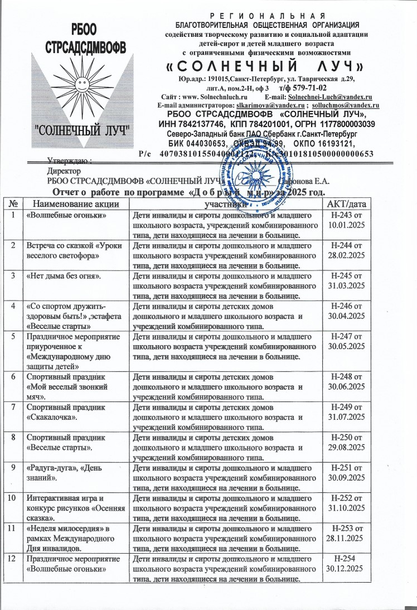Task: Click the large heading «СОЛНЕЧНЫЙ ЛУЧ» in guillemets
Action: click(x=266, y=67)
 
